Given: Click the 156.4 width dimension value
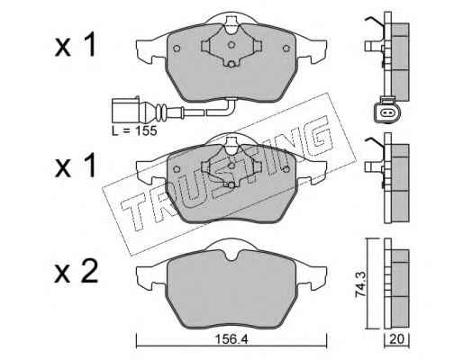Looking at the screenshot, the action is (x=231, y=339).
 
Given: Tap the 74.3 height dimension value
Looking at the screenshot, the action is (x=360, y=283).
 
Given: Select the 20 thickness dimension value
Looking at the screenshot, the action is (x=396, y=339).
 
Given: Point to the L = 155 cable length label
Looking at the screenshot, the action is (x=134, y=130).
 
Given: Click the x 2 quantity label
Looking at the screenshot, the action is (x=77, y=272).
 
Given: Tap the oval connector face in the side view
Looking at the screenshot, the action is (x=386, y=112).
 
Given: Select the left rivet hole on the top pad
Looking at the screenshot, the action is (x=177, y=49).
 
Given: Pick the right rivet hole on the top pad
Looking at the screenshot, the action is (x=286, y=48).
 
